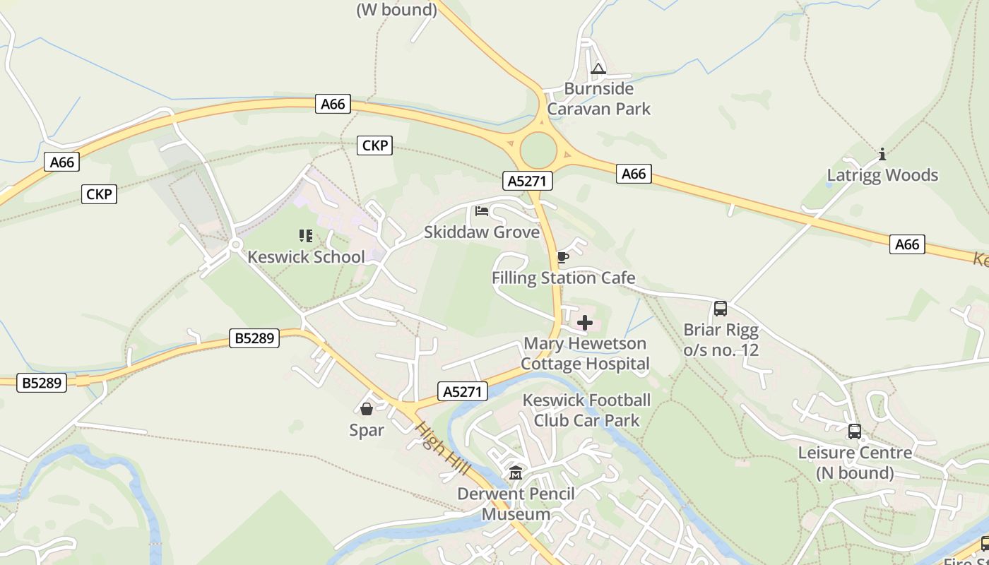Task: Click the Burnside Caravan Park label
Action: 598,99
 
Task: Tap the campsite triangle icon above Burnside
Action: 598,69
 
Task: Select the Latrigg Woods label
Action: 882,175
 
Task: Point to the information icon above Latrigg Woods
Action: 882,154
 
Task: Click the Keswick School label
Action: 306,256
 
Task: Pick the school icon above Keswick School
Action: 305,235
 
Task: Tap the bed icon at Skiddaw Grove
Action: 482,210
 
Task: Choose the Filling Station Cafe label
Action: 563,278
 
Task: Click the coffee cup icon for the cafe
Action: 562,257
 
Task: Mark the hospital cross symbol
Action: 585,323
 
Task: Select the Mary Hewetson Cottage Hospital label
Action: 585,354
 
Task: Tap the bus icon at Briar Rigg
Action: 721,309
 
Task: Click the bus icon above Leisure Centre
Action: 854,432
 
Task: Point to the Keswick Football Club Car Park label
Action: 586,410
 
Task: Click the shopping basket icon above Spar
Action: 367,409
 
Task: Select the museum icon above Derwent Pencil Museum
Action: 516,472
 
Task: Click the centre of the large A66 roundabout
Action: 539,150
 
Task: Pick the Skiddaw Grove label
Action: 482,232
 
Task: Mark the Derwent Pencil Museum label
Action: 516,504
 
